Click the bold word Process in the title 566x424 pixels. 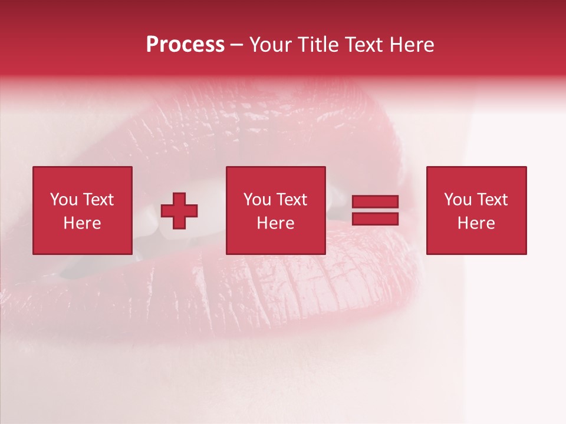point(185,45)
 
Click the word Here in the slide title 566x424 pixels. point(413,45)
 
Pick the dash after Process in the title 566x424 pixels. point(236,46)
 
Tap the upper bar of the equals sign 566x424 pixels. point(375,202)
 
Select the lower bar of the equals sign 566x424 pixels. point(375,219)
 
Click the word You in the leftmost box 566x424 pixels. point(64,200)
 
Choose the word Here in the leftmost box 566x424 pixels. point(82,223)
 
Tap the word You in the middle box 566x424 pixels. point(257,200)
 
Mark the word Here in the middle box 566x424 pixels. point(275,223)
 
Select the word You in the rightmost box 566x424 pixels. point(458,200)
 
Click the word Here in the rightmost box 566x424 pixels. point(476,223)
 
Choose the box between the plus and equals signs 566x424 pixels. point(275,241)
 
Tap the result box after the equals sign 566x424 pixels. point(476,241)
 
